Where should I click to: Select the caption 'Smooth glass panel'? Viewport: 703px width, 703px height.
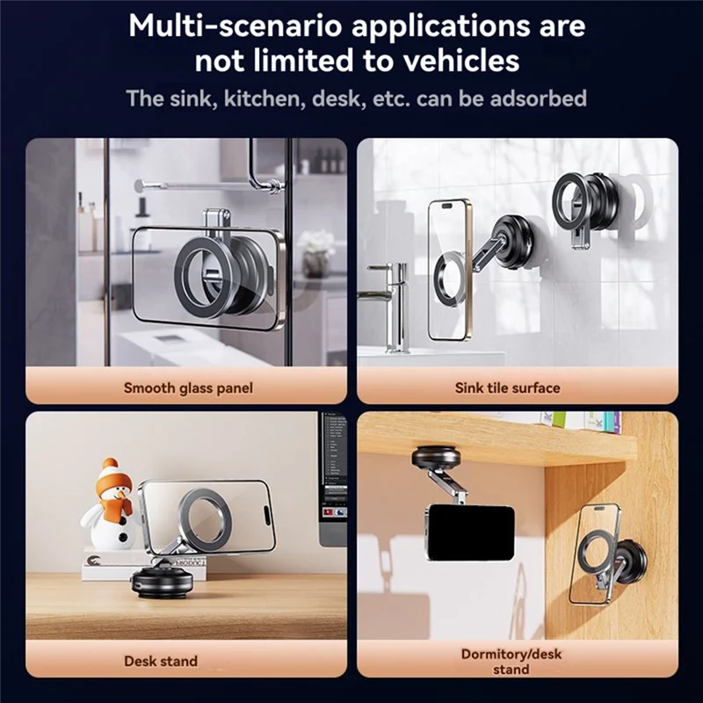pos(188,388)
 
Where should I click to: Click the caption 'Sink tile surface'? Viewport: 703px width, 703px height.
pos(508,388)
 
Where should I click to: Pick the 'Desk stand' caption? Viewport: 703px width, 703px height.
pos(161,661)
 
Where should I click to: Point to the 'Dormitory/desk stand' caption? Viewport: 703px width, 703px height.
pos(511,662)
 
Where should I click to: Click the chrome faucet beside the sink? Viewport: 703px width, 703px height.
pos(391,306)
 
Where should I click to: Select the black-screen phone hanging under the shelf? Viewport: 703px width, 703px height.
pos(469,533)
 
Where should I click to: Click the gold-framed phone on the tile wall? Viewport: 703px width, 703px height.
pos(448,270)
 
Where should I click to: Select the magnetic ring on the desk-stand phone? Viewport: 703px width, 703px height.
pos(205,516)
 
